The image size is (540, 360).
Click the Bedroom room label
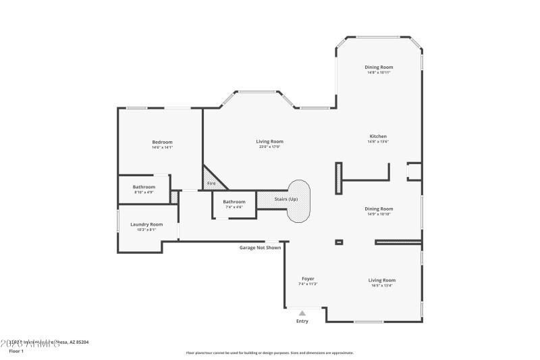162,142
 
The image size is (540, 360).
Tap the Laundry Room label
147,224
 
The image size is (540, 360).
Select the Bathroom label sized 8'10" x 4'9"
144,187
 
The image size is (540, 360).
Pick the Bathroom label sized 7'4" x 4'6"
234,202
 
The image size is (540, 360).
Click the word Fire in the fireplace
211,183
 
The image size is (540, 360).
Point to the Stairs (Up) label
286,199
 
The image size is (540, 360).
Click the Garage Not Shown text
260,247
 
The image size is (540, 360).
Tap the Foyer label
308,279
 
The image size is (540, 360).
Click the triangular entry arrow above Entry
302,313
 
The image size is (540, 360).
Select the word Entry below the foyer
302,321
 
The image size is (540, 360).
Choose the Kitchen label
378,136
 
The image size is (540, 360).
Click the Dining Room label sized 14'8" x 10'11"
379,67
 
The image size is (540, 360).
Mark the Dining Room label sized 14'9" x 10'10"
379,209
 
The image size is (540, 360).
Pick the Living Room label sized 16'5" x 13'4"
381,280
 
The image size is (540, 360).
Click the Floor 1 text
16,351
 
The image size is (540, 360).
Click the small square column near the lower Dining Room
339,242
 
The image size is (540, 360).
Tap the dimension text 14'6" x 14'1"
162,147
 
